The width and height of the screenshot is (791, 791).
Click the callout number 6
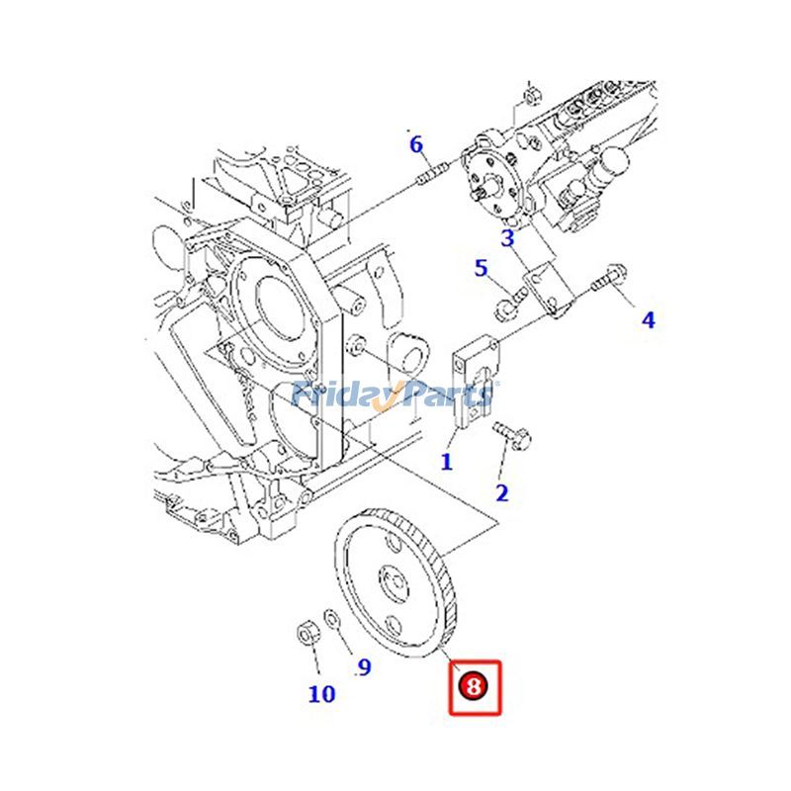[x=416, y=145]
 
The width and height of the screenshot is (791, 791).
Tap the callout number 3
[x=507, y=237]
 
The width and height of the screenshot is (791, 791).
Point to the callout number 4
[x=648, y=319]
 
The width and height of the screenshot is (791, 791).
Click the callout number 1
[x=446, y=461]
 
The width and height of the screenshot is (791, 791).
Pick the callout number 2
[x=501, y=492]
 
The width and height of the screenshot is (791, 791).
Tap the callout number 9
[x=364, y=667]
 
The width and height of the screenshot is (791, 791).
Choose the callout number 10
[x=321, y=694]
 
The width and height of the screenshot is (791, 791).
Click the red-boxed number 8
[x=476, y=686]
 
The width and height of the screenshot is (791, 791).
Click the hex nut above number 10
[x=307, y=631]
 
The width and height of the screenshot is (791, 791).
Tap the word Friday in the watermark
[x=338, y=394]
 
